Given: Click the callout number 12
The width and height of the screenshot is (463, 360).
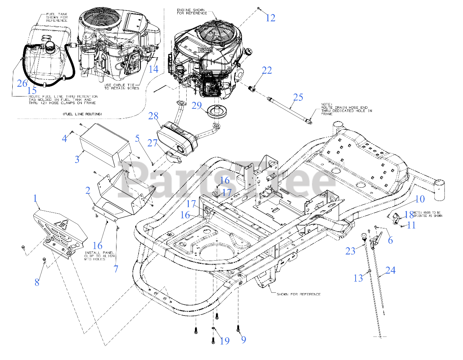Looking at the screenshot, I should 271,18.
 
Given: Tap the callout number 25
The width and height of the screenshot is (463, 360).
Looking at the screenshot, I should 298,97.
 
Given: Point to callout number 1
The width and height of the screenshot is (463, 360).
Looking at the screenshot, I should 35,198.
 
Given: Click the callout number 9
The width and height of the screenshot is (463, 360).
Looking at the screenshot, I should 243,339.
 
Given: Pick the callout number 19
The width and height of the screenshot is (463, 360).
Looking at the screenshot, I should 225,340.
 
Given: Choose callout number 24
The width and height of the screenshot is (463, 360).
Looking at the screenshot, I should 390,270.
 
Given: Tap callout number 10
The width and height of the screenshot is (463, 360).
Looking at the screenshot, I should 420,199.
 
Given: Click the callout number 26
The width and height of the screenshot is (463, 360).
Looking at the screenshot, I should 22,83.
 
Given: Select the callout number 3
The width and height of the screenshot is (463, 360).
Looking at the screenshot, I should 77,159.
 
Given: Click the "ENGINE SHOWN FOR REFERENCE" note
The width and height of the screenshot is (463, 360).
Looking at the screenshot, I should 192,12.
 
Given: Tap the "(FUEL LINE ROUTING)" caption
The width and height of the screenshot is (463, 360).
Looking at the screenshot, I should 82,114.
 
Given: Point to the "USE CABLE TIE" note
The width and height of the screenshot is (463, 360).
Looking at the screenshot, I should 119,87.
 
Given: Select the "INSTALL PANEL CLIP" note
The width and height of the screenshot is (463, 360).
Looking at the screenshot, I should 99,256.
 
